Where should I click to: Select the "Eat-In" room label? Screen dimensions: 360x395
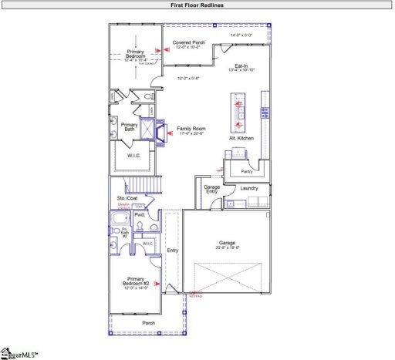point(241,66)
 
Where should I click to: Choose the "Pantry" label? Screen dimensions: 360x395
point(247,171)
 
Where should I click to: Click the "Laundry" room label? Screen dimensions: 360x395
point(248,188)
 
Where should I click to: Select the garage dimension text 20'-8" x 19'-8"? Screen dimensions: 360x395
point(226,247)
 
